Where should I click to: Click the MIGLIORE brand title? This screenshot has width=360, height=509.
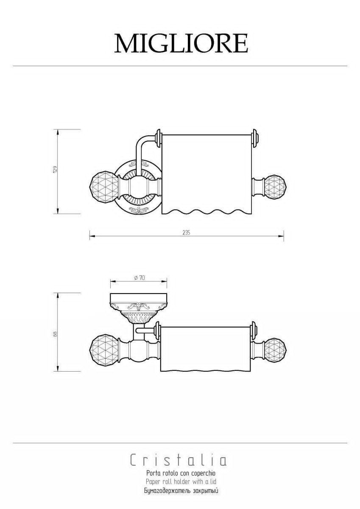coord(181,43)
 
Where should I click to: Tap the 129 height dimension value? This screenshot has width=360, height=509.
coord(55,169)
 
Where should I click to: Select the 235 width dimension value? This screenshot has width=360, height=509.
coord(186,233)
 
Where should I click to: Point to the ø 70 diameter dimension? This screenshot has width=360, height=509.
coord(140,278)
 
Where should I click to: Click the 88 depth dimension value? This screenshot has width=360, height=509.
coord(55,333)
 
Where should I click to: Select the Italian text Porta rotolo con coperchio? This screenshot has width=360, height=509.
coord(181,473)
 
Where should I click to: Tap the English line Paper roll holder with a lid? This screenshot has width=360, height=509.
coord(181,481)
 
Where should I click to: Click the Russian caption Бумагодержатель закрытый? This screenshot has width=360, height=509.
coord(181,489)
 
